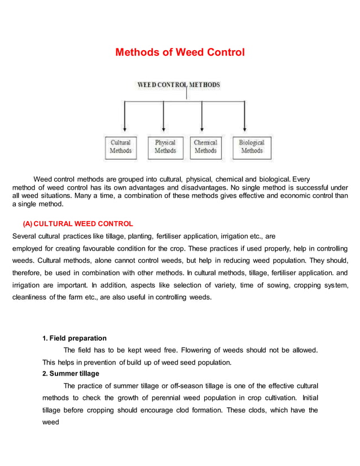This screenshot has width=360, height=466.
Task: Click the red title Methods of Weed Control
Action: (180, 52)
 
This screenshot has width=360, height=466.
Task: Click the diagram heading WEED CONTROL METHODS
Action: (179, 85)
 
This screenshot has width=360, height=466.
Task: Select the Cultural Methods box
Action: (120, 147)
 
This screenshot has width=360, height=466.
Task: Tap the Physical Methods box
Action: (165, 147)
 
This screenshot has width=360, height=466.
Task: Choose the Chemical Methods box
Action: (205, 147)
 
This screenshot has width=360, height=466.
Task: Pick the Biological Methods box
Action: (251, 147)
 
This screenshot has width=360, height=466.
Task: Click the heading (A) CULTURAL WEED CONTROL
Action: (78, 224)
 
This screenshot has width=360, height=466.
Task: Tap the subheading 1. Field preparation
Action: (74, 338)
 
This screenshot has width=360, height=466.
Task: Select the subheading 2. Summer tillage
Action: (71, 373)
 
